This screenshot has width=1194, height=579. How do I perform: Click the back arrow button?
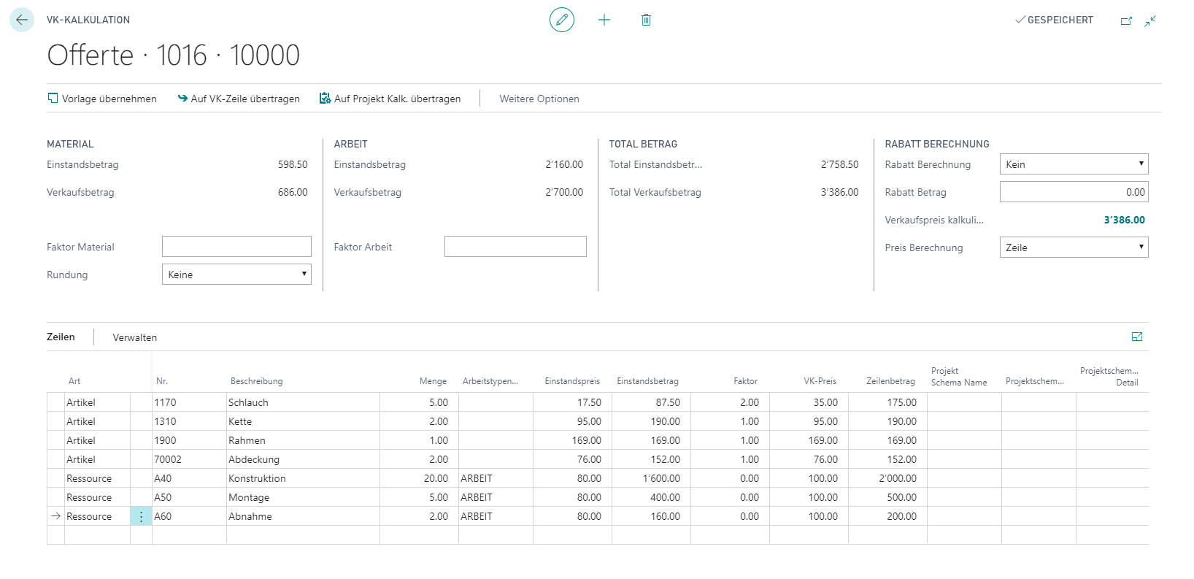[x=22, y=20]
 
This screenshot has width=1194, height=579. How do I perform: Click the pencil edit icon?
[x=562, y=20]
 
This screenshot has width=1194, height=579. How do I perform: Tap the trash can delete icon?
[x=646, y=20]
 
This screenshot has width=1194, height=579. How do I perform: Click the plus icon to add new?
[x=604, y=20]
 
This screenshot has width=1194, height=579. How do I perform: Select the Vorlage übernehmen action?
[x=102, y=99]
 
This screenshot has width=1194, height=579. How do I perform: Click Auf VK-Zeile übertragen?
[x=239, y=99]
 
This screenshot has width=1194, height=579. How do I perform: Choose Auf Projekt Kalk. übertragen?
[x=390, y=99]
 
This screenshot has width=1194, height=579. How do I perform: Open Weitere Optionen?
[x=539, y=99]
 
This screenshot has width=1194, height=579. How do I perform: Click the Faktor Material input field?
[x=236, y=247]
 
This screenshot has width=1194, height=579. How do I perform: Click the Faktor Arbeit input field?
[x=515, y=247]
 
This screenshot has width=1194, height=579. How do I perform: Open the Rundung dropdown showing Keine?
[x=236, y=275]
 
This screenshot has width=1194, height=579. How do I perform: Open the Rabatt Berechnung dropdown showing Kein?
[x=1074, y=164]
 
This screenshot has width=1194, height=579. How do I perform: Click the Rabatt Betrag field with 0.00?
[x=1074, y=192]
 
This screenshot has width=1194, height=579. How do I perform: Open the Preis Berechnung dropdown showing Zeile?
[x=1074, y=248]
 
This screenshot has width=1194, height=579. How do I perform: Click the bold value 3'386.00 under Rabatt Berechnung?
[x=1124, y=220]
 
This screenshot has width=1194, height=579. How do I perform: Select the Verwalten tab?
[x=135, y=337]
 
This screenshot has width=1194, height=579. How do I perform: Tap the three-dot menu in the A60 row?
[x=142, y=516]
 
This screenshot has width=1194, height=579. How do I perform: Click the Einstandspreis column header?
[x=572, y=381]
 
